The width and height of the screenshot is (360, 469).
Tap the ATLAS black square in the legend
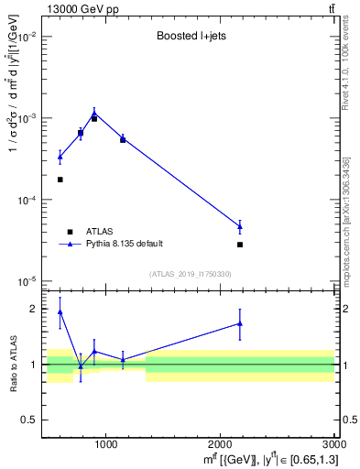pyautogui.click(x=70, y=232)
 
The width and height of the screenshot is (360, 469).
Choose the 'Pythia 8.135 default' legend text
pyautogui.click(x=124, y=244)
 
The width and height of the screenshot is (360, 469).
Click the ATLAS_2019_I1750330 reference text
pyautogui.click(x=190, y=274)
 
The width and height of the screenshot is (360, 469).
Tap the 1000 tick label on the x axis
pyautogui.click(x=105, y=445)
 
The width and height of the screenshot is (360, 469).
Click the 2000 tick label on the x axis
pyautogui.click(x=221, y=445)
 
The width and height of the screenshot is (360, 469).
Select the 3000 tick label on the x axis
pyautogui.click(x=333, y=445)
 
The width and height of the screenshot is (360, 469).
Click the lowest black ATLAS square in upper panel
pyautogui.click(x=240, y=245)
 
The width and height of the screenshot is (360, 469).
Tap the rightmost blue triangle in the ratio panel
pyautogui.click(x=240, y=323)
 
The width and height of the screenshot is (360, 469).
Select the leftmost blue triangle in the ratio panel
pyautogui.click(x=60, y=311)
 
